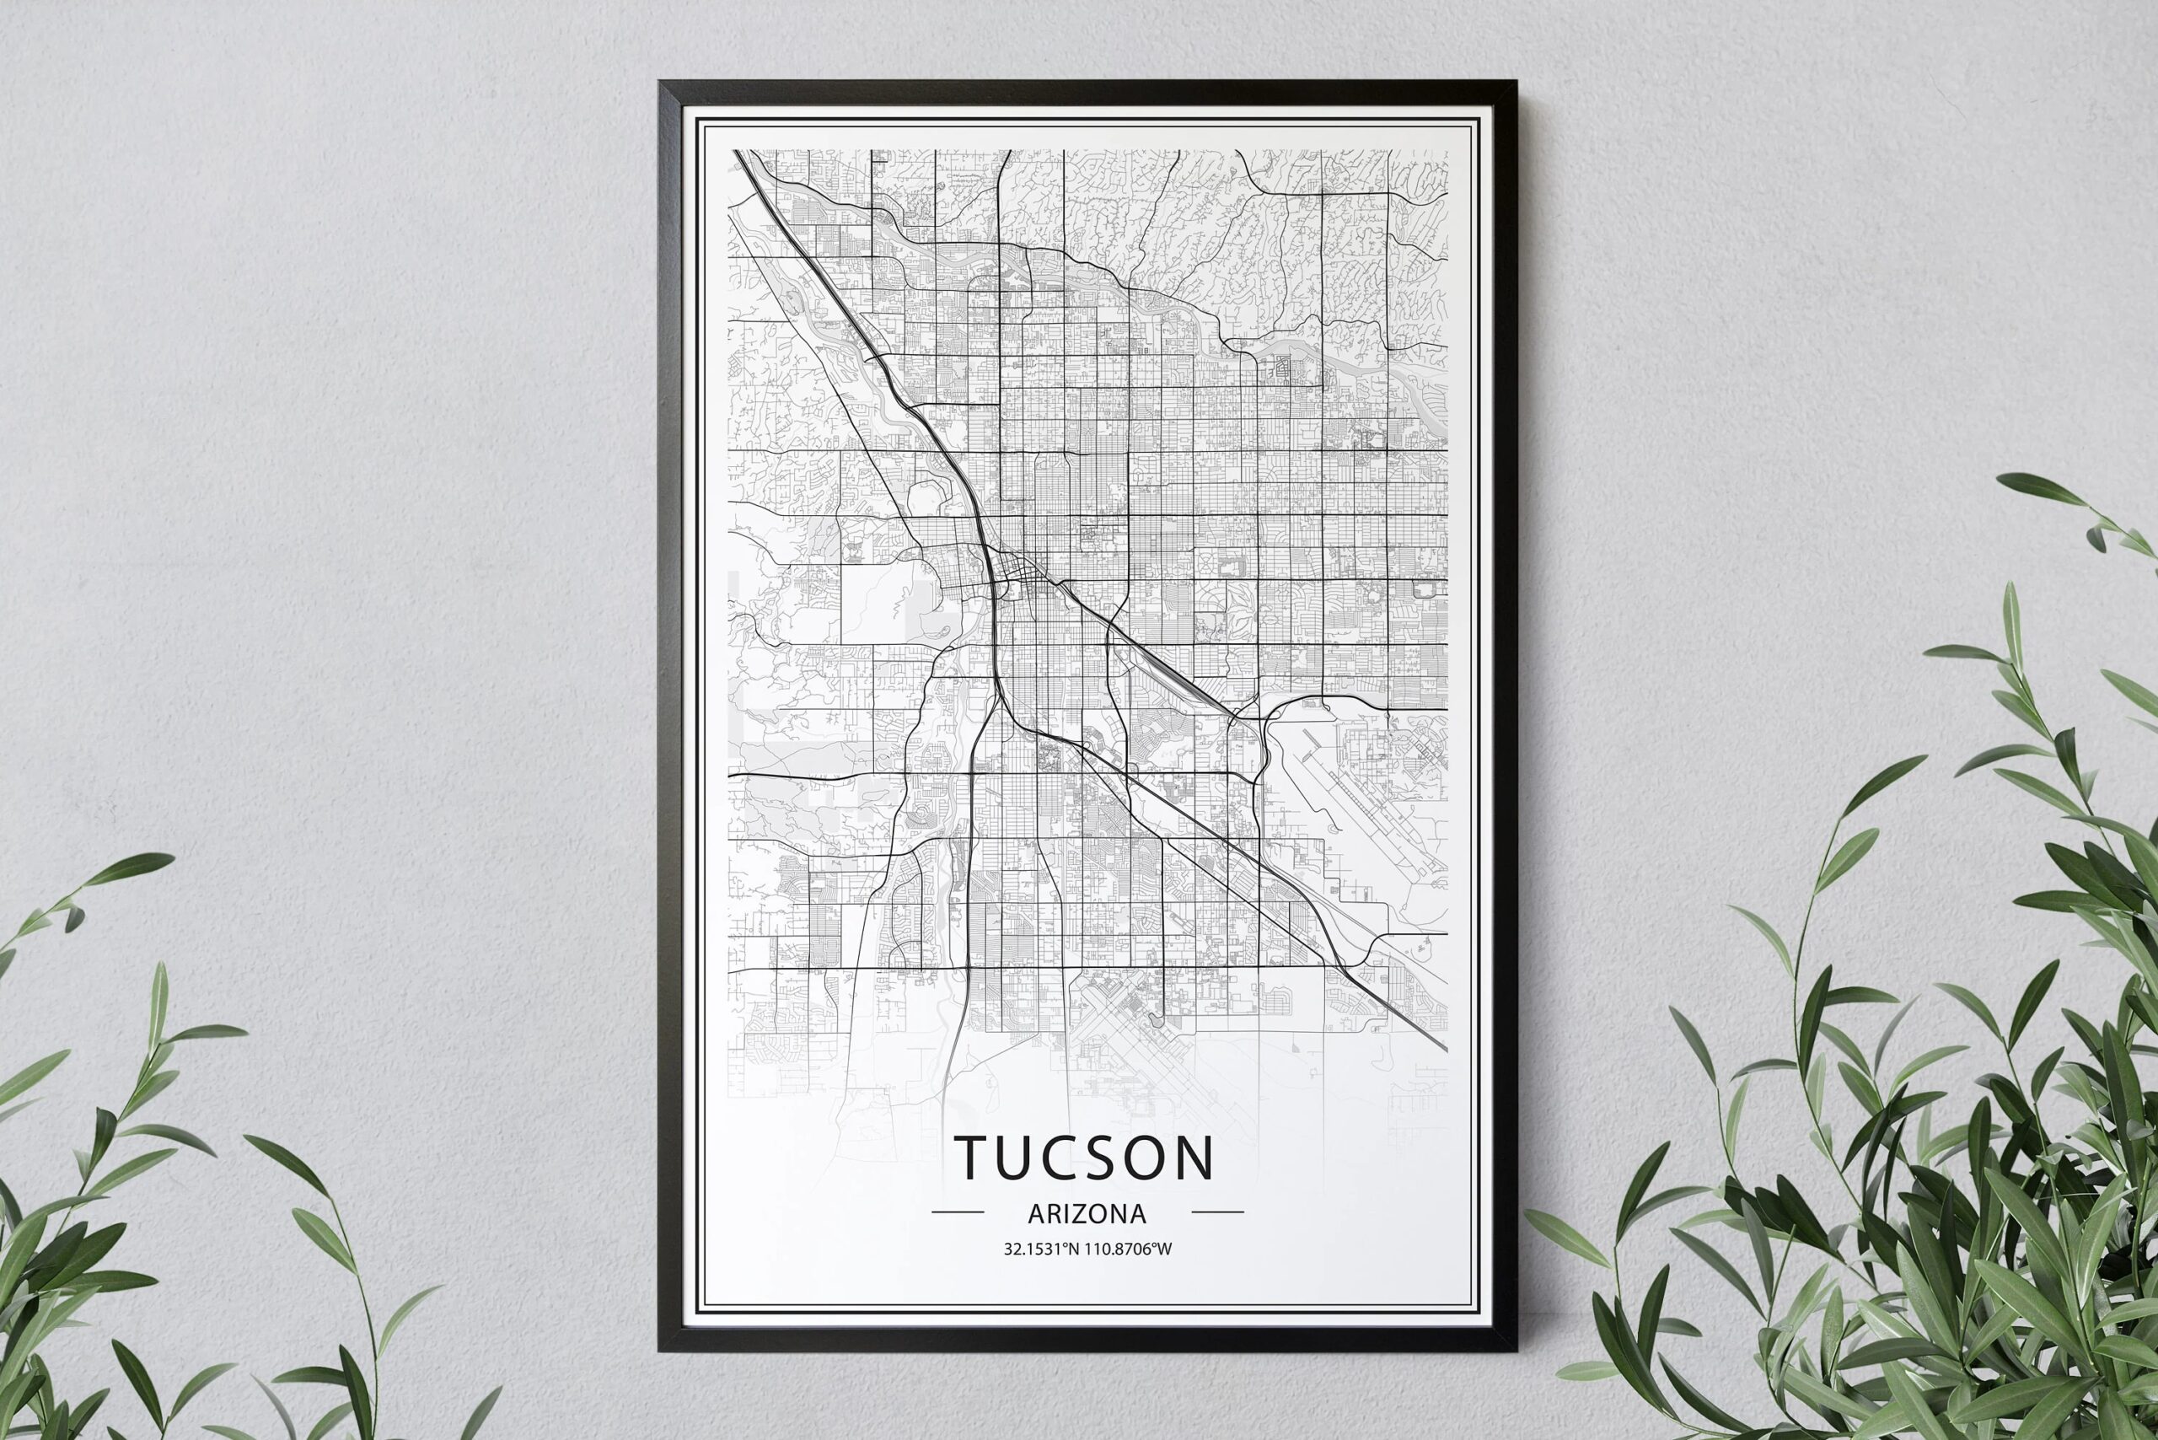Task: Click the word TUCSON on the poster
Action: pyautogui.click(x=1085, y=1158)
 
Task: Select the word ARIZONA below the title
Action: pyautogui.click(x=1087, y=1214)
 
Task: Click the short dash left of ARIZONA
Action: pyautogui.click(x=958, y=1212)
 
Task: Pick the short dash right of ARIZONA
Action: pyautogui.click(x=1216, y=1212)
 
